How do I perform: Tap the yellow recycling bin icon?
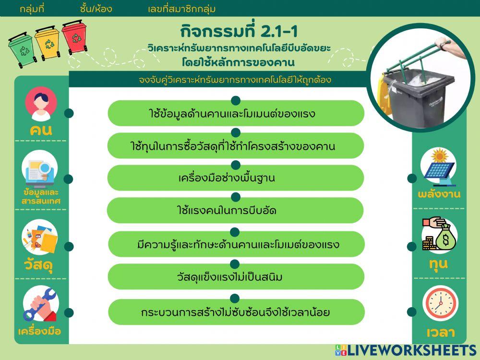[x=47, y=43]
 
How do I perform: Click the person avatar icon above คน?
[x=41, y=105]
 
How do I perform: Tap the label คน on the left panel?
[x=41, y=130]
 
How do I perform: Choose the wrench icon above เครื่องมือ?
[x=40, y=305]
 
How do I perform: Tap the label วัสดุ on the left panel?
[x=41, y=264]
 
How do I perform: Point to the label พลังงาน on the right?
[x=439, y=194]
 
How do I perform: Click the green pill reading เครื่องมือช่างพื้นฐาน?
[x=235, y=178]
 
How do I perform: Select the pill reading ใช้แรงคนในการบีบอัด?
[x=235, y=211]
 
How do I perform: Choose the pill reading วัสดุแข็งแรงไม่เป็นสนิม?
[x=235, y=277]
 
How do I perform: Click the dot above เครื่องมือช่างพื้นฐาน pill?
[x=235, y=165]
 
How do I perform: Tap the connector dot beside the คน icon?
[x=69, y=113]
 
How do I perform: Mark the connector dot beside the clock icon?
[x=411, y=312]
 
